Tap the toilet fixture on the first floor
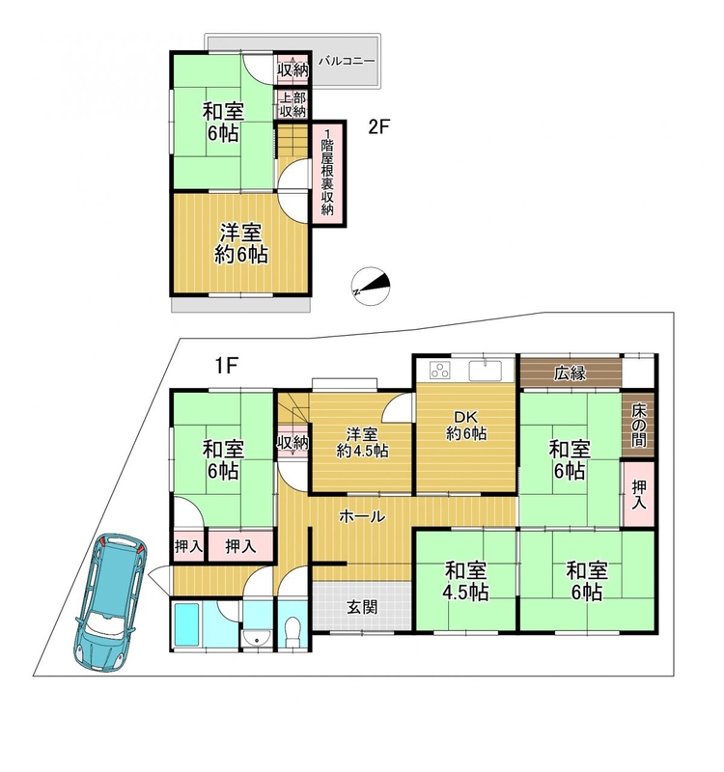[293, 632]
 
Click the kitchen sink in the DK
[486, 371]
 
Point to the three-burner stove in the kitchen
[440, 370]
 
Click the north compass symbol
[371, 286]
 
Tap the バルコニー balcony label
[347, 62]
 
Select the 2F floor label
[379, 127]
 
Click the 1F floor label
[226, 366]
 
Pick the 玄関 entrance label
[362, 607]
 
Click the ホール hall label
[362, 516]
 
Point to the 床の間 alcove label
[638, 426]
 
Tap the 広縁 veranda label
[570, 373]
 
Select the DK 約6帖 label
[466, 426]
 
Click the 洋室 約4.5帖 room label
[362, 443]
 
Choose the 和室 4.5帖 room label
[465, 582]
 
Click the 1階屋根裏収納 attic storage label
[327, 172]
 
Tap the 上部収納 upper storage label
[293, 104]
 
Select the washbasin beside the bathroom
[257, 638]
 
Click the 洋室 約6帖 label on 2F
[240, 244]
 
